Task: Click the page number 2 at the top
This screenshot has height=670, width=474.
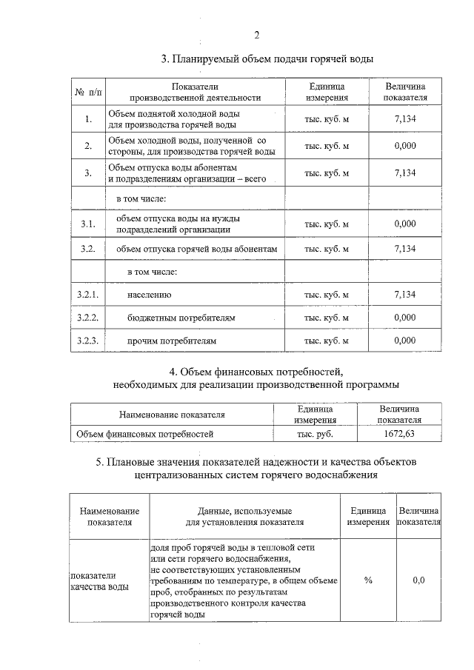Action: (256, 35)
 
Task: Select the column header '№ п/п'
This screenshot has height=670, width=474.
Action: (89, 93)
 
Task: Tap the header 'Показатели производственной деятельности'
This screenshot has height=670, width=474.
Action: (196, 93)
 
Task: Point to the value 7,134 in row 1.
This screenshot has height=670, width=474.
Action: (405, 118)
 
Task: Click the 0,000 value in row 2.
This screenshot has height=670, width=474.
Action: (405, 146)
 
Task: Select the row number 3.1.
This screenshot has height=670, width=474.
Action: (88, 224)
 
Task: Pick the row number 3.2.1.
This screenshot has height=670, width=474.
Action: (88, 295)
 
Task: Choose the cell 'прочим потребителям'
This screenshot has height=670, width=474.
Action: (173, 341)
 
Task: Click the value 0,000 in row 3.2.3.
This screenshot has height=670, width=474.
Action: (405, 341)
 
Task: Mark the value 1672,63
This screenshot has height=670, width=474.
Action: (400, 434)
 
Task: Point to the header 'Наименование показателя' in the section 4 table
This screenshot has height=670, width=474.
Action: (172, 415)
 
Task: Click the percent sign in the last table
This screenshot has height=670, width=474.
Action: (368, 580)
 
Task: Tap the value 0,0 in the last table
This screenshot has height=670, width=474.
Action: (418, 580)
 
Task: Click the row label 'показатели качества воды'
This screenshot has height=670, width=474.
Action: (99, 580)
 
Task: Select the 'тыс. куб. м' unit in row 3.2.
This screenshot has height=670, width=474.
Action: (327, 249)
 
